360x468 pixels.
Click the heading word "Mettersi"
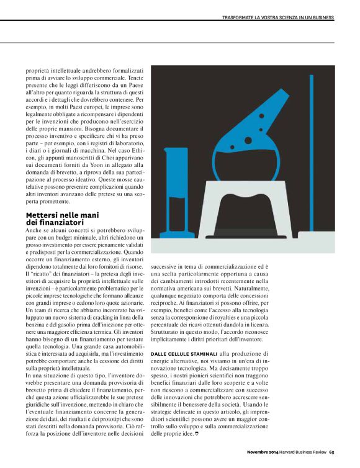pyautogui.click(x=42, y=215)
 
